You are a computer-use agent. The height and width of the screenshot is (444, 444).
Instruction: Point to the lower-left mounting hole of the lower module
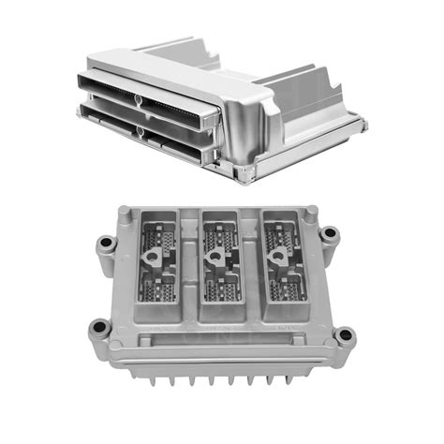click(x=97, y=329)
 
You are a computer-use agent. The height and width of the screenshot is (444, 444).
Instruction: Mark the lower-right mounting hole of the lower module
click(x=345, y=334)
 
